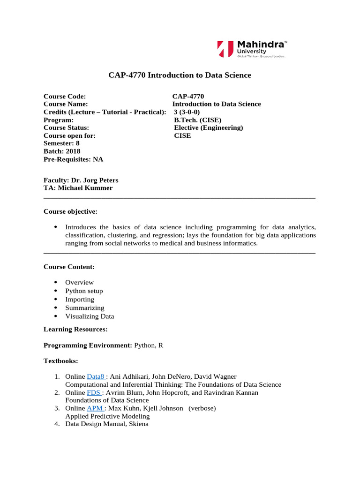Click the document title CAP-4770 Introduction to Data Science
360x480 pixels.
(x=180, y=75)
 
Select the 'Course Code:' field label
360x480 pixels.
(x=65, y=97)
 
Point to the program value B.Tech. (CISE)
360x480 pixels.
(x=198, y=120)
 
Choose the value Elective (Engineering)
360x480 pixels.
(x=209, y=127)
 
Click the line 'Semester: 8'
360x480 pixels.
(x=61, y=143)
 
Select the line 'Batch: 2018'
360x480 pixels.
(x=62, y=151)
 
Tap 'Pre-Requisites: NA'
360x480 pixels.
(x=73, y=159)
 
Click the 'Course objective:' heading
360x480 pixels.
(x=70, y=211)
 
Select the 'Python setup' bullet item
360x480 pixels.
(x=84, y=291)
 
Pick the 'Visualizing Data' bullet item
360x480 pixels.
(x=90, y=316)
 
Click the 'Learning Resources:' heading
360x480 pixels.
(x=75, y=329)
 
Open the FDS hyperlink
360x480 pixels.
(x=94, y=392)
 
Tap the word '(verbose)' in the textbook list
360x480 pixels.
(x=202, y=408)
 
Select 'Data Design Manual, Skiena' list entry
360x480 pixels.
(x=106, y=424)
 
